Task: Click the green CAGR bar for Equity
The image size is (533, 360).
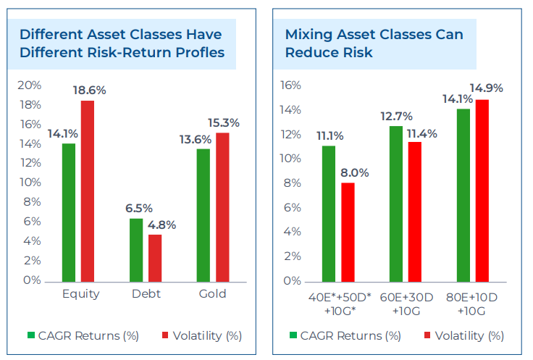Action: [69, 212]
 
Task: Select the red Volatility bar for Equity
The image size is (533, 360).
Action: [88, 190]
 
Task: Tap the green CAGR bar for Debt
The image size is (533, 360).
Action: [136, 249]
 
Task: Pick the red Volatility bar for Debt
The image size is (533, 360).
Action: [155, 257]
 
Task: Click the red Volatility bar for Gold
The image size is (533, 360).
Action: [222, 206]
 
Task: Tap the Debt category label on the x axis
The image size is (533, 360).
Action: [146, 294]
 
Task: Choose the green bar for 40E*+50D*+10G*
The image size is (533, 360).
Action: [329, 213]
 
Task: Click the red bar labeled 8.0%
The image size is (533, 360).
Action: [348, 231]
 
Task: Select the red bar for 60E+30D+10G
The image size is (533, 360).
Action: [414, 211]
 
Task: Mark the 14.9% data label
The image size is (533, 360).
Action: [487, 88]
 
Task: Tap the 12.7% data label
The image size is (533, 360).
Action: [395, 116]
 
